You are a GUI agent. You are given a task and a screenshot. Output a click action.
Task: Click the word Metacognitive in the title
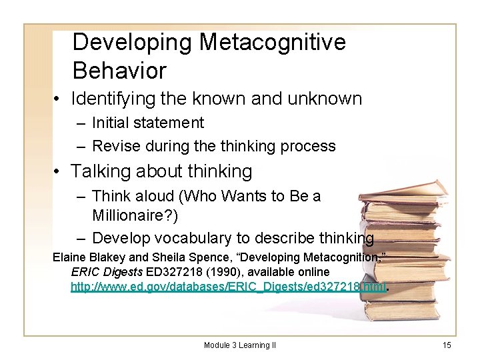273,42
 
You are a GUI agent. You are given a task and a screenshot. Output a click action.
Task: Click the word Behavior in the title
119,70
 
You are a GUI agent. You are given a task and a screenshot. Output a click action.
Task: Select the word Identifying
115,99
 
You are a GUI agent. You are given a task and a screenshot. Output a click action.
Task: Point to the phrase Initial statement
148,123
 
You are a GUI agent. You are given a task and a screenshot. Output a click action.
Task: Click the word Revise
112,145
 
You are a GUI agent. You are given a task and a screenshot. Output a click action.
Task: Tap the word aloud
151,196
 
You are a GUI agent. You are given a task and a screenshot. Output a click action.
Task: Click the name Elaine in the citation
69,257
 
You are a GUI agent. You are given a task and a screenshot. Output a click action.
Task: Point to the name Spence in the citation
191,257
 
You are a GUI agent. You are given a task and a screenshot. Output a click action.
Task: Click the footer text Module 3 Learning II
240,345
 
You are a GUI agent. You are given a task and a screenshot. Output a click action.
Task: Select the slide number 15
447,345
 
